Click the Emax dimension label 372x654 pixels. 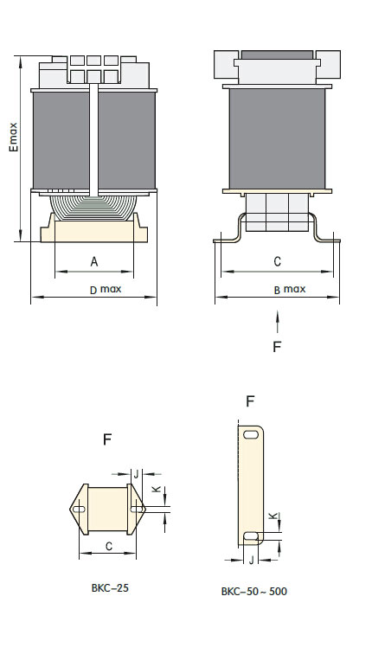pyautogui.click(x=14, y=137)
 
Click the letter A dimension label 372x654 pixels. pyautogui.click(x=94, y=261)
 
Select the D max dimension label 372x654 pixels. pyautogui.click(x=106, y=290)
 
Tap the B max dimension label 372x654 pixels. pyautogui.click(x=290, y=290)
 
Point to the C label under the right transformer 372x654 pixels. pyautogui.click(x=278, y=261)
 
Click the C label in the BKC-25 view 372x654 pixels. pyautogui.click(x=108, y=547)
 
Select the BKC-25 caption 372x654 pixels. pyautogui.click(x=110, y=588)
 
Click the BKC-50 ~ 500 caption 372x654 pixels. pyautogui.click(x=254, y=592)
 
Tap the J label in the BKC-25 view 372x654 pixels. pyautogui.click(x=136, y=474)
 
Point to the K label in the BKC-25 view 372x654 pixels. pyautogui.click(x=156, y=489)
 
